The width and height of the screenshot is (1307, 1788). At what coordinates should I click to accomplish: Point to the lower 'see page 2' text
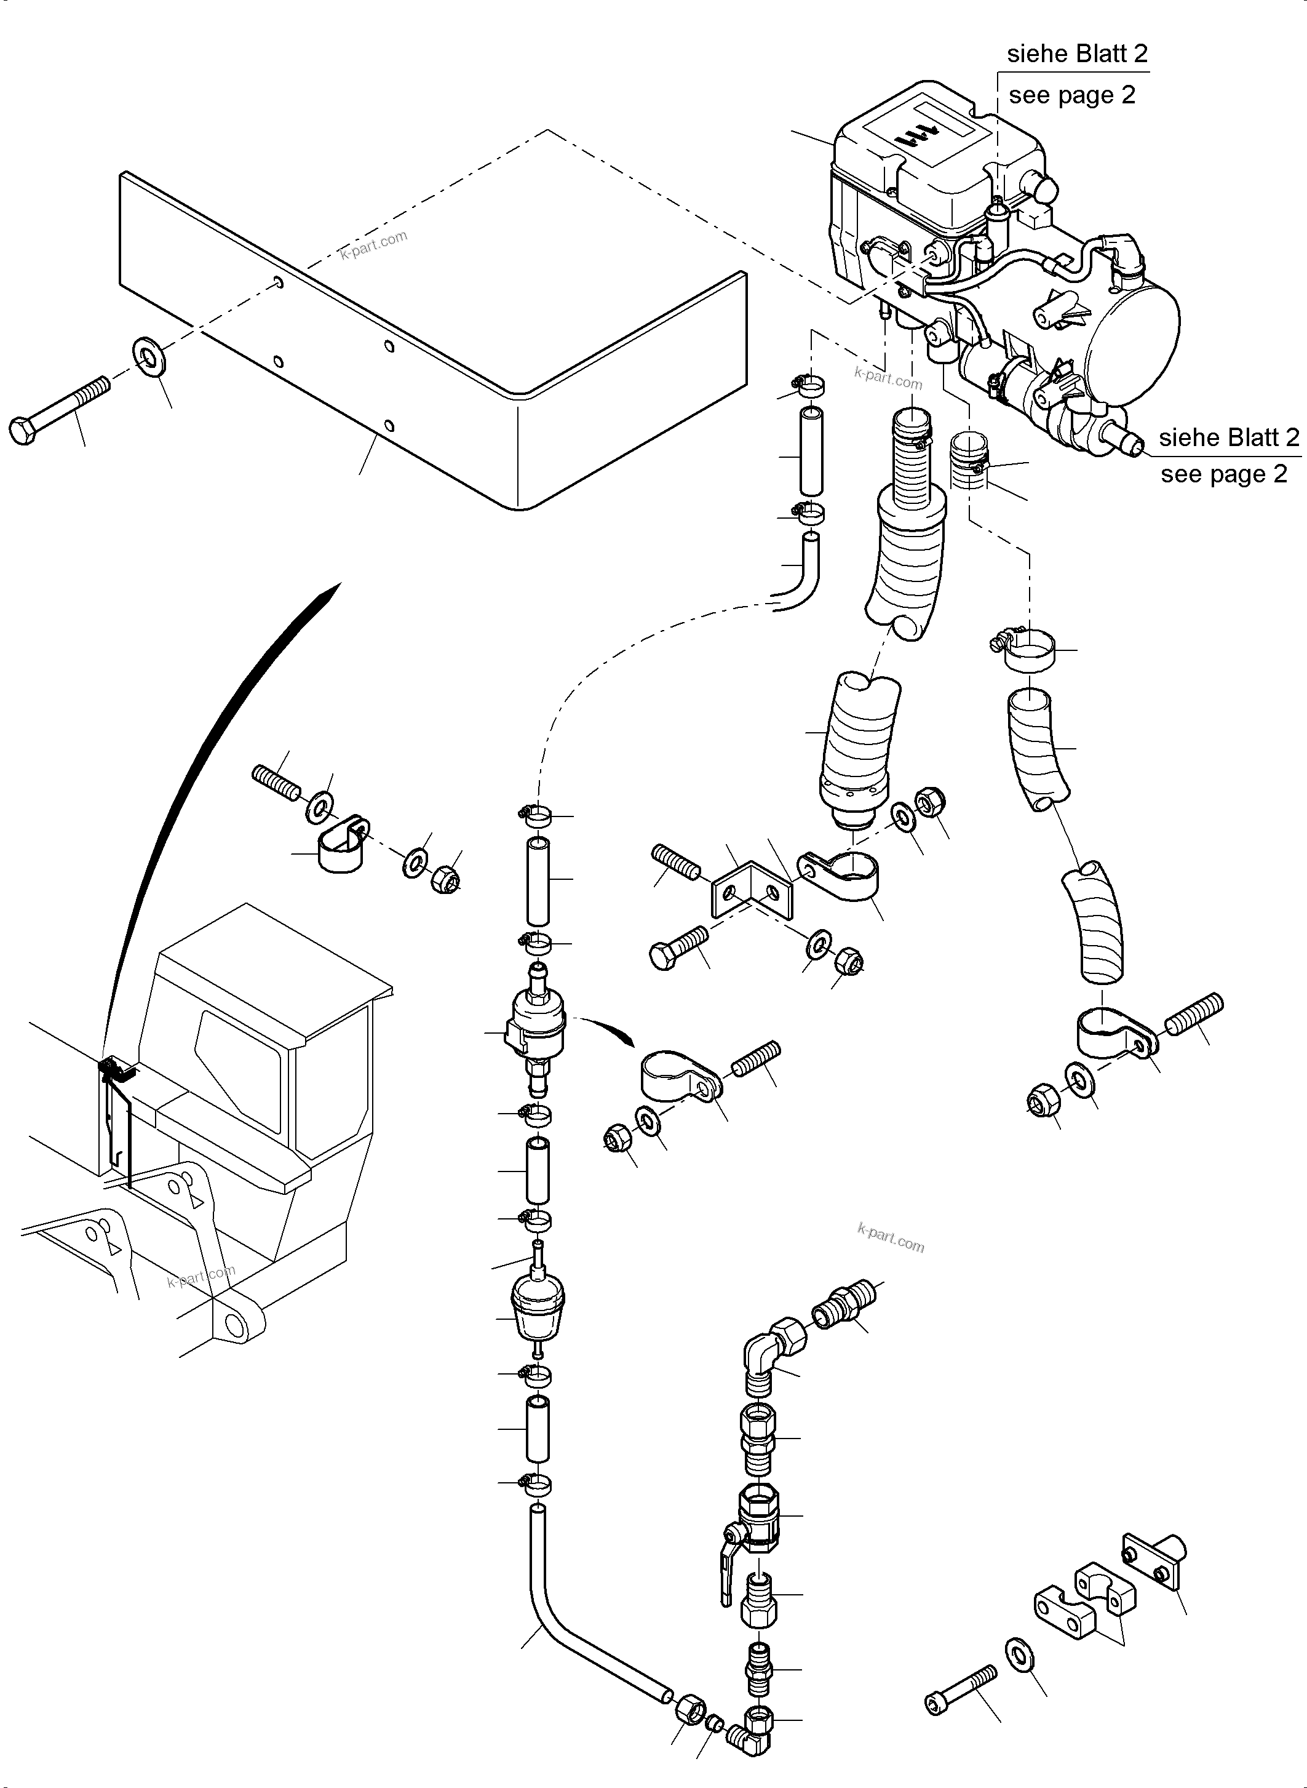point(1223,474)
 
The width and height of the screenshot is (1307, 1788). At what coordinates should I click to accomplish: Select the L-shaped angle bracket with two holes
point(752,890)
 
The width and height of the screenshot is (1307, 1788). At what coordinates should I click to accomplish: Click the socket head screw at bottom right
point(961,1688)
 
